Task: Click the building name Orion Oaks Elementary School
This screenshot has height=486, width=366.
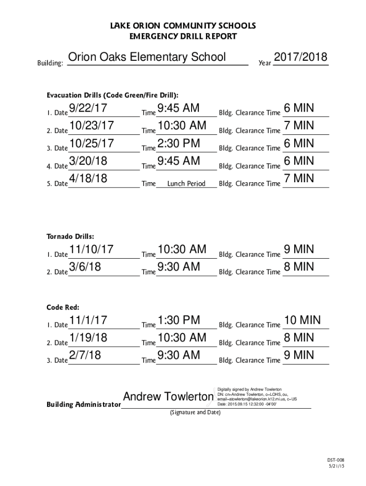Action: pos(147,58)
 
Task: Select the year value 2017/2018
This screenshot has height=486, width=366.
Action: pos(300,58)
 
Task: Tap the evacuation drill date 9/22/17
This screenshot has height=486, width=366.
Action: pos(88,109)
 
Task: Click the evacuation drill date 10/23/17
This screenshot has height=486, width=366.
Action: pos(92,126)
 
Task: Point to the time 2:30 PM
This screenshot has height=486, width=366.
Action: pos(179,144)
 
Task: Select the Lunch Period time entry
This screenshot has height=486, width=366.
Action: pos(186,184)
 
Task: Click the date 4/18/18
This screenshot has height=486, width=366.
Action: pos(88,179)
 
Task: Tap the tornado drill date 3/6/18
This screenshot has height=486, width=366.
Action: pos(85,267)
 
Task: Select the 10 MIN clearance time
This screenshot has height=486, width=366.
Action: pos(302,320)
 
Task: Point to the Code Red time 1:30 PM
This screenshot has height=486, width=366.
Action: pos(179,320)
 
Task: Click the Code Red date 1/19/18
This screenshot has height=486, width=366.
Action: pos(88,338)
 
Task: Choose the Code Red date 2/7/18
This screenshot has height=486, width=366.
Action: pos(85,355)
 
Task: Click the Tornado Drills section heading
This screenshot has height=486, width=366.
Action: pos(70,236)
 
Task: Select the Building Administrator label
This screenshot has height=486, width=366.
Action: pos(83,405)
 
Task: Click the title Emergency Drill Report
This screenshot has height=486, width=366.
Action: pos(183,36)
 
